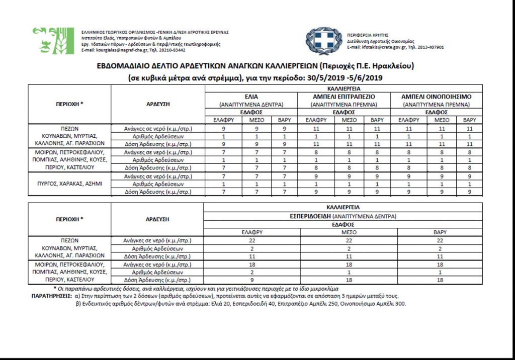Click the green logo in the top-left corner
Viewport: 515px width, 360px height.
coord(53,40)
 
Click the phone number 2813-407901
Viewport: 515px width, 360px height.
coord(431,47)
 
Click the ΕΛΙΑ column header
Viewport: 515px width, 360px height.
coord(251,97)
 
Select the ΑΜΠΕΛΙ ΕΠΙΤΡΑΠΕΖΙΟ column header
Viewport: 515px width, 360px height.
coord(344,97)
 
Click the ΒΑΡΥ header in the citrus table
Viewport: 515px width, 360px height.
coord(440,232)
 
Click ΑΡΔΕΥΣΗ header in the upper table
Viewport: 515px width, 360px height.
coord(158,104)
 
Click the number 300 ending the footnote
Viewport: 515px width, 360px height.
coord(400,304)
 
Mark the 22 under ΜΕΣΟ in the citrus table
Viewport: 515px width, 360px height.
coord(348,240)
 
